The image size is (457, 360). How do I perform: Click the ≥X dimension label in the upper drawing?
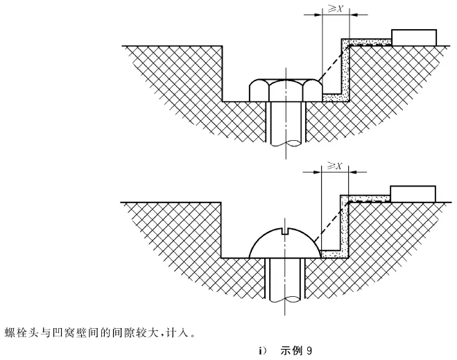click(336, 10)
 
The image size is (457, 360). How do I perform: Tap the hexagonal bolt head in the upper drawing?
click(284, 89)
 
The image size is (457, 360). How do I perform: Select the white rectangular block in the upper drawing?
click(414, 37)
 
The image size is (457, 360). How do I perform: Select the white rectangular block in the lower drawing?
click(413, 193)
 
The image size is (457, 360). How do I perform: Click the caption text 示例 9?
click(295, 351)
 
